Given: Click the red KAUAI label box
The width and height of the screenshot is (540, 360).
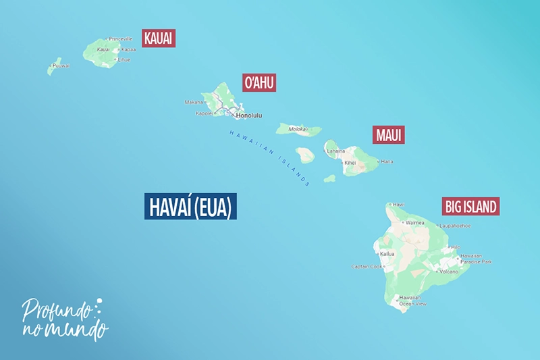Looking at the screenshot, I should [159, 38].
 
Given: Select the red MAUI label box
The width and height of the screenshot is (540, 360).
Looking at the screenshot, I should [389, 134].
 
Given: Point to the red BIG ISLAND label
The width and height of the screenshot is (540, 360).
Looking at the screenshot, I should [470, 206].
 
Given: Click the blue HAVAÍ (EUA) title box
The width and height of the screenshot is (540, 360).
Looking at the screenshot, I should [190, 207].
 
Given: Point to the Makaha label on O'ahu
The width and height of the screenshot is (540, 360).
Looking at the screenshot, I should [194, 102].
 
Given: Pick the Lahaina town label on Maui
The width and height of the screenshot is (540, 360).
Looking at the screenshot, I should [336, 151].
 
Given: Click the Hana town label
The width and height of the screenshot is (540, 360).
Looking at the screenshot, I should [387, 161].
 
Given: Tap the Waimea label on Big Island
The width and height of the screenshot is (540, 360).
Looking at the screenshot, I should [415, 222].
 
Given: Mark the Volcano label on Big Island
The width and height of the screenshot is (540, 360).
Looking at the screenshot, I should [448, 272].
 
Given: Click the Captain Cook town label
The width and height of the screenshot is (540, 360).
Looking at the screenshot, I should [367, 266].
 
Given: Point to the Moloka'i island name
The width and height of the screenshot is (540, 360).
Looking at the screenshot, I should [298, 128].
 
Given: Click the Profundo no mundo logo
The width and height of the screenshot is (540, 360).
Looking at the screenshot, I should [64, 317].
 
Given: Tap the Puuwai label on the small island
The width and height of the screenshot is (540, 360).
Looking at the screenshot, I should [61, 66].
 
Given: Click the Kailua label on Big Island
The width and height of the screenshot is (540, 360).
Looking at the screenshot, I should [387, 254].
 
